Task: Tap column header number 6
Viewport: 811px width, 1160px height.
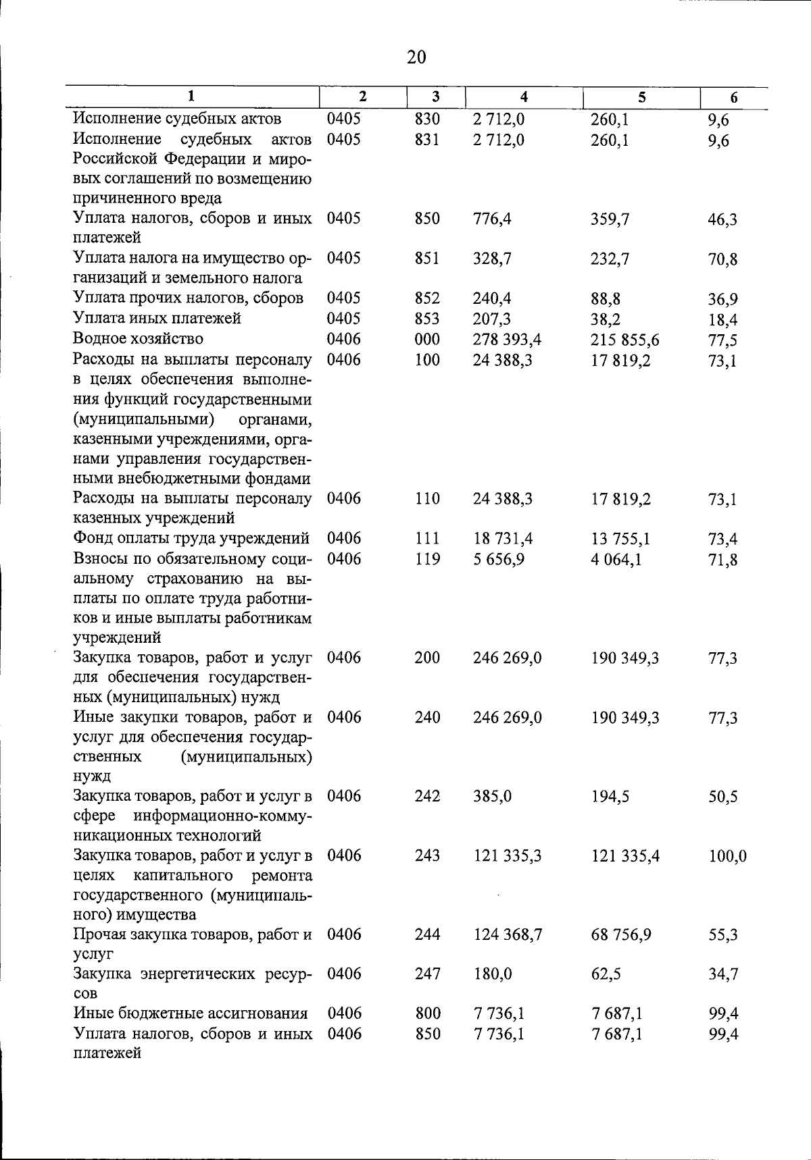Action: point(734,98)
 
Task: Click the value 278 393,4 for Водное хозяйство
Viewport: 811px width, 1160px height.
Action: point(507,339)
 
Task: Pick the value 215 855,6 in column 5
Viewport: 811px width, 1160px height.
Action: point(625,340)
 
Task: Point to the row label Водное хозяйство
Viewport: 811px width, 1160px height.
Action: point(138,338)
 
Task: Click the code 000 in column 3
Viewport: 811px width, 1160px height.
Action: point(427,339)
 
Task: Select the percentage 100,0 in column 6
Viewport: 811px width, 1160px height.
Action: point(727,857)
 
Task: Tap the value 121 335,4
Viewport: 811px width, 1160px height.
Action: point(625,857)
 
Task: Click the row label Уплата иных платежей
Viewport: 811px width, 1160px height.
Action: point(157,318)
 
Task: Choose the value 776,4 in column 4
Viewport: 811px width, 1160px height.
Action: point(492,219)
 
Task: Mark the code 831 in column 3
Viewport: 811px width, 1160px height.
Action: point(427,140)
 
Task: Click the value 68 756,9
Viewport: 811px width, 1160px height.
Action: point(621,935)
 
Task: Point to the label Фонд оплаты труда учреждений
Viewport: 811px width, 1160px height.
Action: point(191,538)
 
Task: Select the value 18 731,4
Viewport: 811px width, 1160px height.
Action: point(503,539)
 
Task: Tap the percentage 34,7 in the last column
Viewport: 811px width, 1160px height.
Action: point(723,974)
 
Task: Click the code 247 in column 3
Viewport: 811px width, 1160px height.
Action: point(427,974)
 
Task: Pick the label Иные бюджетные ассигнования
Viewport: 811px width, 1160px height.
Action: point(191,1013)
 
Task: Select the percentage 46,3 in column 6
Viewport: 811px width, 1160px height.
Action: point(722,219)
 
